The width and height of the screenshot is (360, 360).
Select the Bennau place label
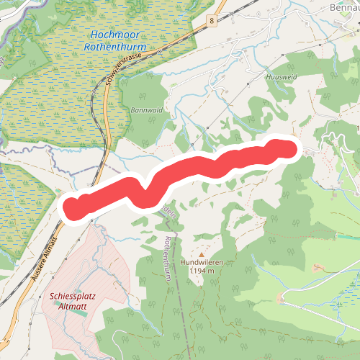pos(343,7)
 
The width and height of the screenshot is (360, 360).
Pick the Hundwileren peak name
pos(202,263)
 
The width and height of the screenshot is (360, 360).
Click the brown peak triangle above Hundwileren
pos(202,254)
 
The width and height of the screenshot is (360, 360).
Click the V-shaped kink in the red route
pos(146,194)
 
